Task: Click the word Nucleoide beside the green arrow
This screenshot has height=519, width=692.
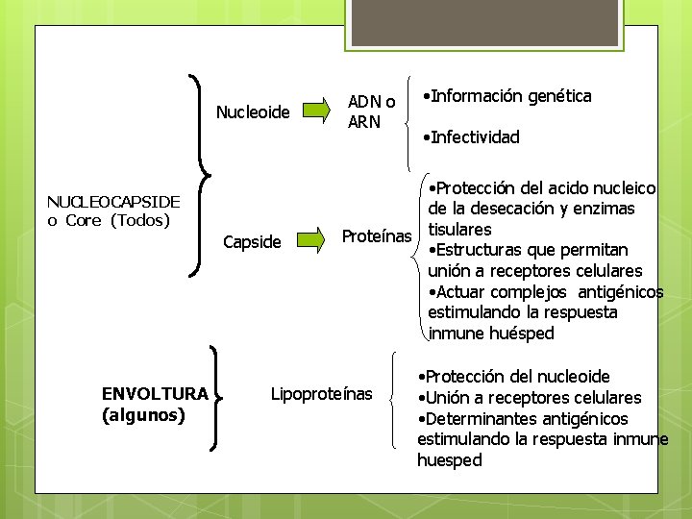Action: pos(253,112)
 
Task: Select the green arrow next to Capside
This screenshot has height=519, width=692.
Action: pos(310,240)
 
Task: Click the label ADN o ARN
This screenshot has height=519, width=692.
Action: pos(371,111)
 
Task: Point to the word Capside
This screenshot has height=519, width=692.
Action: pos(252,242)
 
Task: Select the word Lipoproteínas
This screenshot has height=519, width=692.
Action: pos(321,393)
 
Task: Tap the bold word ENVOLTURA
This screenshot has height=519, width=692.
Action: pos(155,393)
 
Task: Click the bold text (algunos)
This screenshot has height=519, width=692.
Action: pos(143,415)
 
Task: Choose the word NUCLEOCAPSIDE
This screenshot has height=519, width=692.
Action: pos(113,201)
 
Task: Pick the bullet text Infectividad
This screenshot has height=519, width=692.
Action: pos(475,137)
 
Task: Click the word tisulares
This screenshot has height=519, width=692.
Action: pos(459,230)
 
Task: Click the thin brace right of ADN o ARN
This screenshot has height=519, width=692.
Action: pos(411,115)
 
